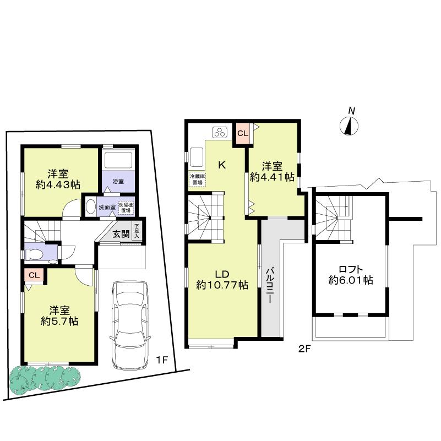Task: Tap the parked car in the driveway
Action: click(x=129, y=325)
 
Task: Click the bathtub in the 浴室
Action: click(x=117, y=160)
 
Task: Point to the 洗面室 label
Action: click(x=107, y=208)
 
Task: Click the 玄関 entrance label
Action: click(x=121, y=233)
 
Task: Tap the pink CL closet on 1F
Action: click(x=34, y=275)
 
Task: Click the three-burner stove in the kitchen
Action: click(x=220, y=132)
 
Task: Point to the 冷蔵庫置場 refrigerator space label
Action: click(x=196, y=179)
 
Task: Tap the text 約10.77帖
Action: click(x=222, y=285)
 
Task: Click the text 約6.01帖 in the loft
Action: click(x=351, y=280)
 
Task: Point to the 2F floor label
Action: click(x=304, y=349)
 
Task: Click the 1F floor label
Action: click(x=161, y=361)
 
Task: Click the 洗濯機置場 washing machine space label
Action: click(x=127, y=208)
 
